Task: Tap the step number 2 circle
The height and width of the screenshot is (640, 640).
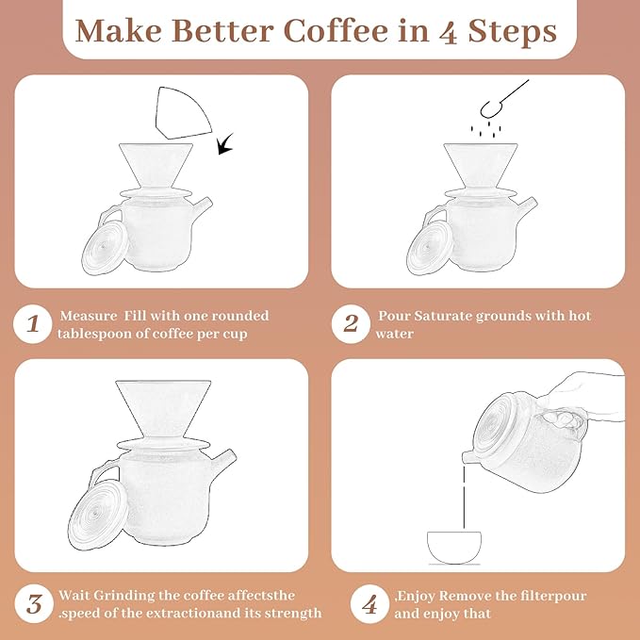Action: pyautogui.click(x=352, y=325)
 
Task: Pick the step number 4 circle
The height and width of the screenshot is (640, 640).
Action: pyautogui.click(x=369, y=603)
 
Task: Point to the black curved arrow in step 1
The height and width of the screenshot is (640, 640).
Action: pyautogui.click(x=226, y=145)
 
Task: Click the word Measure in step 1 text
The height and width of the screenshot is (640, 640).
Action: pyautogui.click(x=90, y=316)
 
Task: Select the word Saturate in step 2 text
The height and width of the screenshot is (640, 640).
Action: pyautogui.click(x=453, y=316)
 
